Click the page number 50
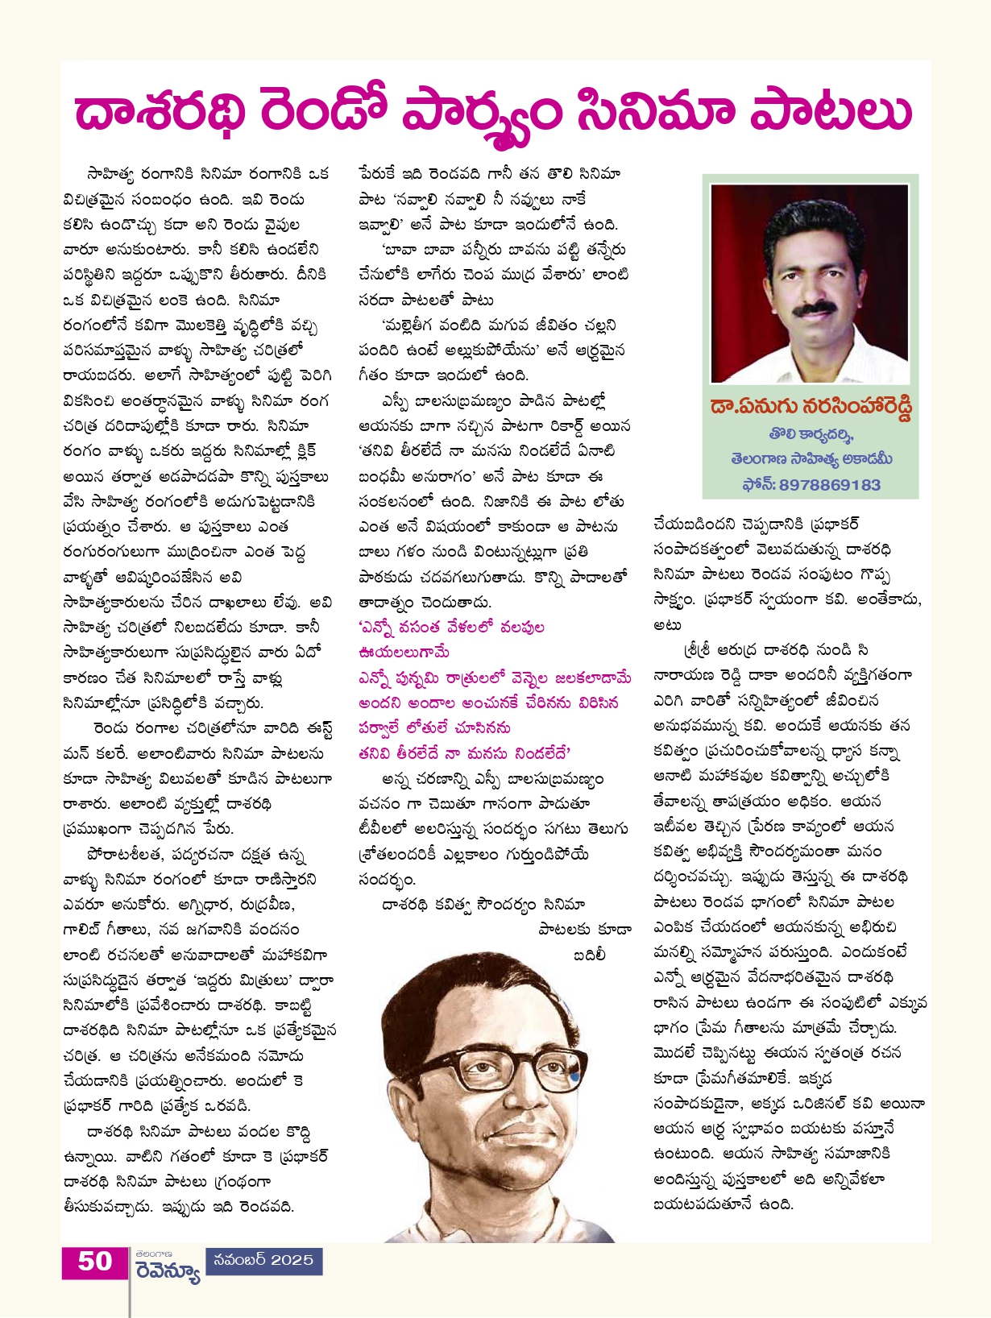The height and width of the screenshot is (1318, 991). [94, 1260]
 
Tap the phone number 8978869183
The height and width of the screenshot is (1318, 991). [830, 485]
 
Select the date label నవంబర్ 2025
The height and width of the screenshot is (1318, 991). [263, 1260]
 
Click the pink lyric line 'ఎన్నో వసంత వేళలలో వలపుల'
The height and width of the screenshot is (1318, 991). [451, 628]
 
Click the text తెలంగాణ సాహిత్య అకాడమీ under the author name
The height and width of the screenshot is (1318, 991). [811, 459]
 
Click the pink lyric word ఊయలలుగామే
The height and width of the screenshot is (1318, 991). [404, 652]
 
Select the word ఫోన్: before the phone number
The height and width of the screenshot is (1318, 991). [758, 485]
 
